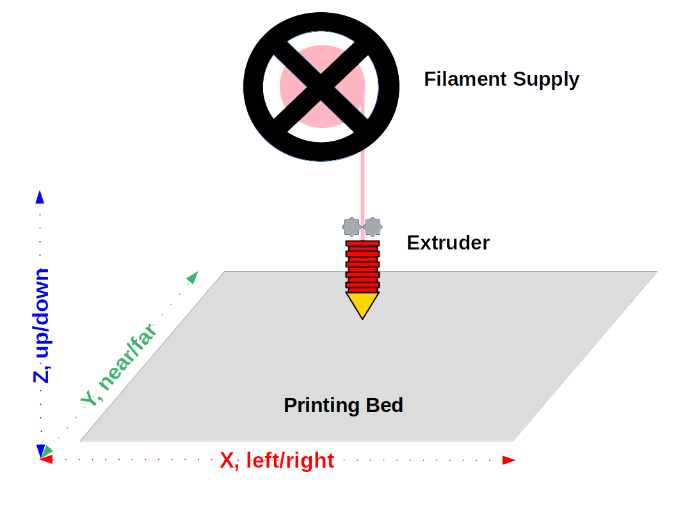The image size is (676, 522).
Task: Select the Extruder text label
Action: tap(448, 243)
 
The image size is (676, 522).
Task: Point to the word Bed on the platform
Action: tap(384, 405)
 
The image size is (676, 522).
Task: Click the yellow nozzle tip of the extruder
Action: tap(362, 304)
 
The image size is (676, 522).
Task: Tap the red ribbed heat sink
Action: tap(362, 266)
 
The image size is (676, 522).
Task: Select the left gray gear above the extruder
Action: tap(352, 226)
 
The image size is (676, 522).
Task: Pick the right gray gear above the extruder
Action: tap(373, 226)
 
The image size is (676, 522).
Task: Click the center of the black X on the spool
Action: tap(321, 84)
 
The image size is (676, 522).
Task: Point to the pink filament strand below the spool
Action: tap(362, 186)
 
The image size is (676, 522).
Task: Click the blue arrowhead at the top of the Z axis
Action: tap(40, 197)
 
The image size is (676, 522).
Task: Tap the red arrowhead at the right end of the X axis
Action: tap(509, 460)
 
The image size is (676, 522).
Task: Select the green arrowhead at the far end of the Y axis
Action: tap(192, 278)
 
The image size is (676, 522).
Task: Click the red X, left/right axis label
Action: tap(277, 461)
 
